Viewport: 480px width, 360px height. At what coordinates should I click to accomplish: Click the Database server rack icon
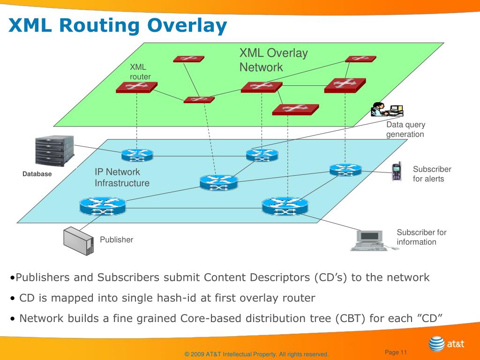click(54, 151)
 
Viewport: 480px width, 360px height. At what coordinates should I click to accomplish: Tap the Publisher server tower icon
click(78, 241)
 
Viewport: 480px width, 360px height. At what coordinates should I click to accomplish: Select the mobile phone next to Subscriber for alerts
click(397, 172)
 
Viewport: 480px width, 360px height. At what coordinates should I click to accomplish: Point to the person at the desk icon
click(387, 109)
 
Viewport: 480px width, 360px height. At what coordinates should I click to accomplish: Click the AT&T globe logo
click(436, 344)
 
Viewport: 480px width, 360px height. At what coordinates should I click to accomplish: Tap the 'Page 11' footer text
click(396, 352)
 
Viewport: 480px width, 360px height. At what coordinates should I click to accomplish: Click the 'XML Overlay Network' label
click(273, 60)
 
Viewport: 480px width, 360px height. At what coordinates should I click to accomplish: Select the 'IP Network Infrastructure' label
click(122, 177)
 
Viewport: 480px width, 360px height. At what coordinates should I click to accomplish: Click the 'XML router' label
click(140, 72)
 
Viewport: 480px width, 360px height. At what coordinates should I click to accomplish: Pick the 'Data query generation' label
click(405, 129)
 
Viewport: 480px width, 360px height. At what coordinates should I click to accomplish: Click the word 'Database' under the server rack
click(37, 174)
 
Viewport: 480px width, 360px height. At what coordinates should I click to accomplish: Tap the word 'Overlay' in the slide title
click(187, 25)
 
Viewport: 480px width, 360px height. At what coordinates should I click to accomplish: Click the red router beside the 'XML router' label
click(136, 87)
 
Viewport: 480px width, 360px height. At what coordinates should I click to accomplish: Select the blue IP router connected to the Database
click(137, 155)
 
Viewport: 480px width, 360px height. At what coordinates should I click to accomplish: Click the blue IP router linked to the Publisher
click(103, 206)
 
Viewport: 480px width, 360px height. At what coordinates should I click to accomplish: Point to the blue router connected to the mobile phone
click(345, 170)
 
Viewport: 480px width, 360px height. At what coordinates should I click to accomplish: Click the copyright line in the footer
click(256, 354)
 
